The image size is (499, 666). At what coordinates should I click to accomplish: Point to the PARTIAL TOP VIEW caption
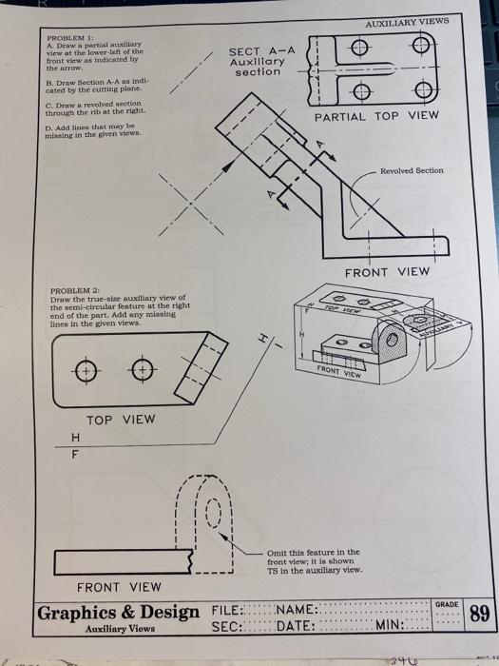pyautogui.click(x=376, y=115)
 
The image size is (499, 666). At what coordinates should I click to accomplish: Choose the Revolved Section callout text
pyautogui.click(x=411, y=170)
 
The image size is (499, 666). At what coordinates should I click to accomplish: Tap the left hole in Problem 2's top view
pyautogui.click(x=86, y=369)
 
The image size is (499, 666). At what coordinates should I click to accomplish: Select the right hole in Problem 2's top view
pyautogui.click(x=142, y=369)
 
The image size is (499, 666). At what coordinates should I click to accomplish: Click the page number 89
pyautogui.click(x=479, y=614)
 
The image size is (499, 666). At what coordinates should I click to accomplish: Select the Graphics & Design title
pyautogui.click(x=119, y=612)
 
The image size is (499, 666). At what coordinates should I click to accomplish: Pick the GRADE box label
pyautogui.click(x=446, y=604)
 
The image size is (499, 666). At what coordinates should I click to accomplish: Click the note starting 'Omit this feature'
pyautogui.click(x=314, y=560)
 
